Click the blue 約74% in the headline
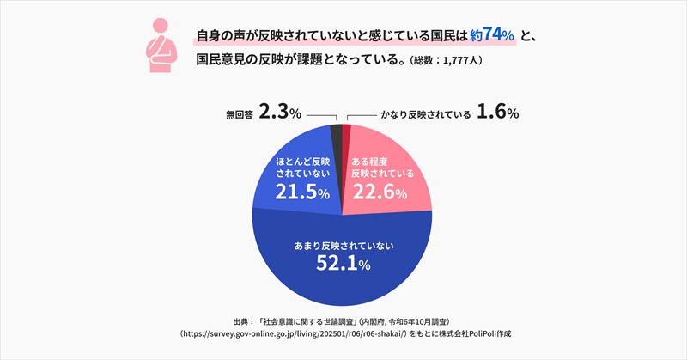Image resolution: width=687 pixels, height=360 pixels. [x=493, y=36]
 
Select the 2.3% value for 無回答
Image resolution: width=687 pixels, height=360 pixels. [x=279, y=113]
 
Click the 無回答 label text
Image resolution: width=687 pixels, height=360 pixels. [x=234, y=113]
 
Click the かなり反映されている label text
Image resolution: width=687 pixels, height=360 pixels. [x=422, y=113]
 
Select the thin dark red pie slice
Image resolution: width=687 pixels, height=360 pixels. [x=347, y=129]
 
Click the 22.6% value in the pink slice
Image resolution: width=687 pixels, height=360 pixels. [x=380, y=193]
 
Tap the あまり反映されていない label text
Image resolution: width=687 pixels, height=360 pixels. [x=343, y=245]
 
